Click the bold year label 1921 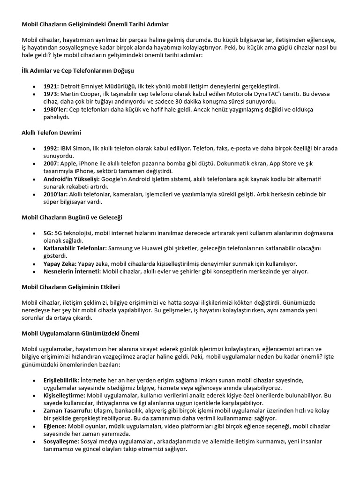50,86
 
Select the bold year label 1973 50,94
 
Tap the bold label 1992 50,148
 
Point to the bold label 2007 50,163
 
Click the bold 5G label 48,233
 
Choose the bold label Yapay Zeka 60,263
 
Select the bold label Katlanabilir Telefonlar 75,248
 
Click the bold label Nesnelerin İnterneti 71,271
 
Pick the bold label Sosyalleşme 61,441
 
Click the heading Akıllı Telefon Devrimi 51,133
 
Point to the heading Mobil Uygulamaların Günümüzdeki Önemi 80,333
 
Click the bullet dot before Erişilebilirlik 34,380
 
